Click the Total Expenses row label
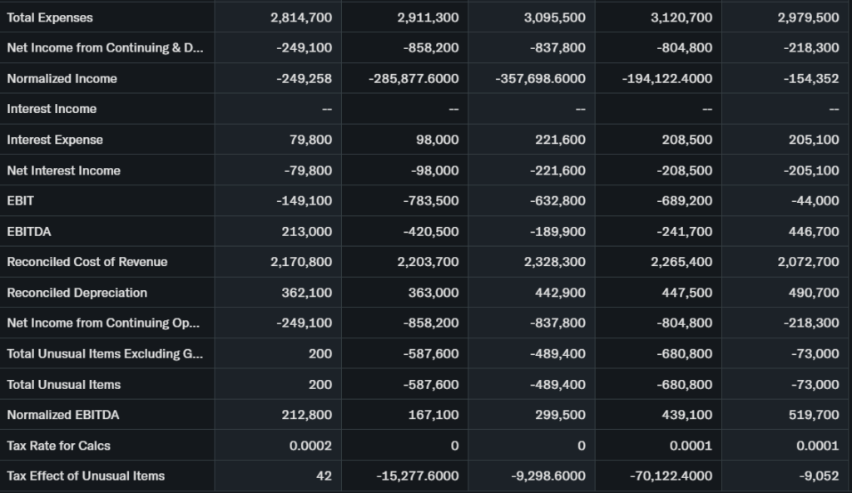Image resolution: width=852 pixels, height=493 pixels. pos(50,17)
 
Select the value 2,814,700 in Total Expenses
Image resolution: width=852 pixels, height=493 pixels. pos(301,17)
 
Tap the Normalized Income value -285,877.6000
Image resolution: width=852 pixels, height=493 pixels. pos(414,79)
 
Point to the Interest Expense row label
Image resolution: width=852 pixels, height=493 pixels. pos(55,140)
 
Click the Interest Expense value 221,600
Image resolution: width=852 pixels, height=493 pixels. pos(561,140)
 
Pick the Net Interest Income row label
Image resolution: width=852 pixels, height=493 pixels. pos(63,170)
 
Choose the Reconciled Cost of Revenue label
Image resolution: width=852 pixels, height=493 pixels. pos(87,262)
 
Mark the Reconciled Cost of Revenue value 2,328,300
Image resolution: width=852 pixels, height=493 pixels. pos(555,262)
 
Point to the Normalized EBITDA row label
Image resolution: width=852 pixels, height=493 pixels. pos(63,415)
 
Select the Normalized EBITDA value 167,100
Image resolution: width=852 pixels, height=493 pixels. pos(433,415)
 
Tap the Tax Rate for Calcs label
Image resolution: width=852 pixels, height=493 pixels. pos(58,446)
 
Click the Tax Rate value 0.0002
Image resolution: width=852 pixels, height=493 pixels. pos(310,446)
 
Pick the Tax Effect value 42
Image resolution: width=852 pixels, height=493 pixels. pos(324,476)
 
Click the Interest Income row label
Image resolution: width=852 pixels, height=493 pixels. pos(52,109)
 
